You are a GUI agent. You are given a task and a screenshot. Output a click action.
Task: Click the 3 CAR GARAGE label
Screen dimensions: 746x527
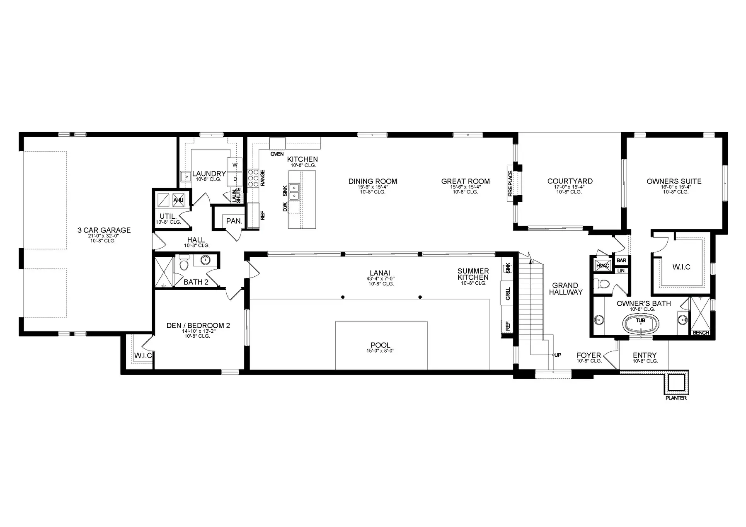(104, 230)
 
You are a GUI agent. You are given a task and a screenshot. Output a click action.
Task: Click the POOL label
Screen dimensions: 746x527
(380, 345)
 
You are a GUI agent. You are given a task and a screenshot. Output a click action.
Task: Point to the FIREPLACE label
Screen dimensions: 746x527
(510, 183)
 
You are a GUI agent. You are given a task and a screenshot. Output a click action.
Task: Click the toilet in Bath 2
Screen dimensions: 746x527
(184, 262)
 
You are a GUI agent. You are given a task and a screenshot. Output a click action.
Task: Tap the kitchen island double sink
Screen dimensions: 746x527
(294, 191)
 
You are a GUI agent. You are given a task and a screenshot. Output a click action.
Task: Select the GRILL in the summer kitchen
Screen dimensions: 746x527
(508, 294)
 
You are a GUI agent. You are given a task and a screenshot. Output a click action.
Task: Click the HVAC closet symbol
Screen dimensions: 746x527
(602, 266)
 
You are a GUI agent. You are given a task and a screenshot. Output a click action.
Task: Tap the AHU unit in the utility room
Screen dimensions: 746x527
(178, 200)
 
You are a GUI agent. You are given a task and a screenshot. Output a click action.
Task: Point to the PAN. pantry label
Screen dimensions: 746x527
(234, 221)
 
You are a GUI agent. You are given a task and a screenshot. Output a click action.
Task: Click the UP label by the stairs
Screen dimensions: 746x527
(558, 355)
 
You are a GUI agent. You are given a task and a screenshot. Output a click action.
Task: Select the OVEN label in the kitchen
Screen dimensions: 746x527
(277, 154)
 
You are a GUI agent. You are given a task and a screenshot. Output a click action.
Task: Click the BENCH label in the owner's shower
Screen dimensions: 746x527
(701, 333)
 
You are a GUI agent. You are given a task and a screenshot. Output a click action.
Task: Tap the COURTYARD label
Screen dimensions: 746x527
(570, 181)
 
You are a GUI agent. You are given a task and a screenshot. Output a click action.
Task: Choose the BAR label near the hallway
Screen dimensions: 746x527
(621, 261)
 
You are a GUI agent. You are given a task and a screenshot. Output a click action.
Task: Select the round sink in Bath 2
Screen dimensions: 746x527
(205, 260)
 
